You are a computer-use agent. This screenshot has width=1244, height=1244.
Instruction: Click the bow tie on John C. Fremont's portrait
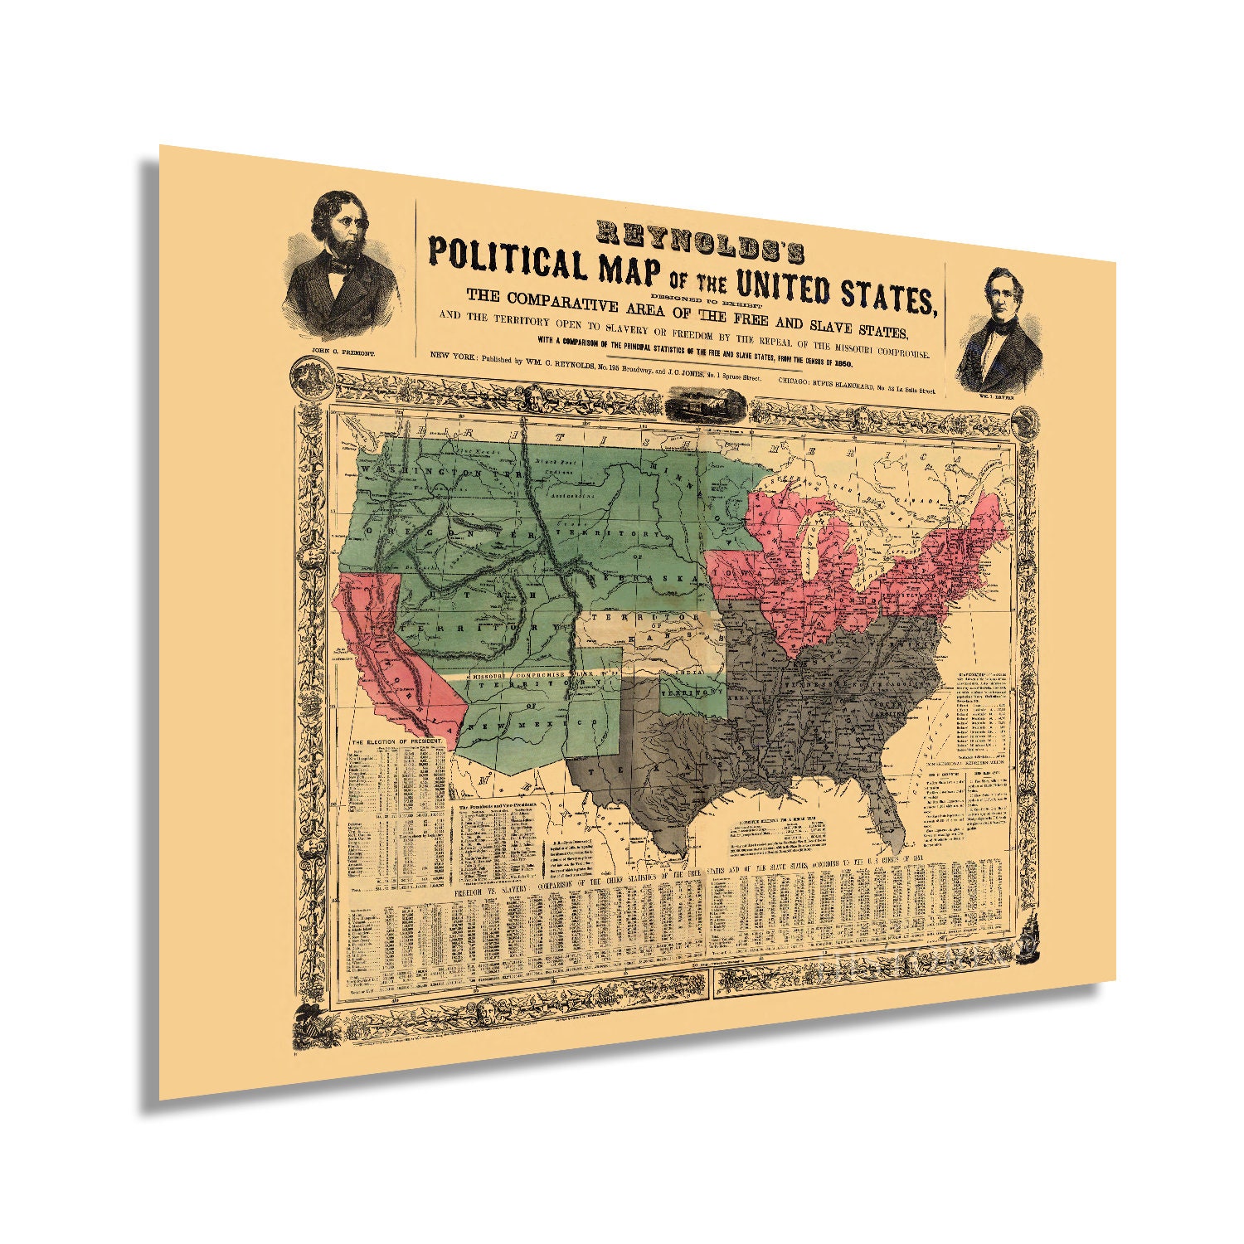point(338,268)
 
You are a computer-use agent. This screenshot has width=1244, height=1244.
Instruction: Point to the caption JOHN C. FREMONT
point(343,352)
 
